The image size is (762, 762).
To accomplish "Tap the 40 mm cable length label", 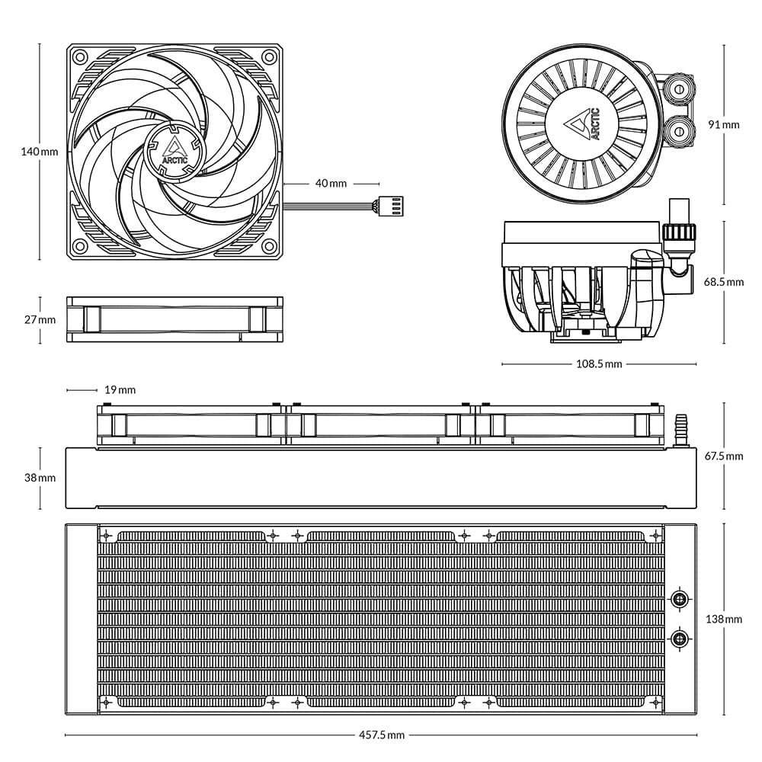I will (x=330, y=184).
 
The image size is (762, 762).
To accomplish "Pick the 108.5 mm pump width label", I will (x=598, y=364).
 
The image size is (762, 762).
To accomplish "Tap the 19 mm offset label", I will (x=120, y=390).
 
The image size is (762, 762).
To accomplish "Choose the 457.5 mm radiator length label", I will (x=381, y=735).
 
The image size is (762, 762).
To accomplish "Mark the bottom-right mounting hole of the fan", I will (x=268, y=246).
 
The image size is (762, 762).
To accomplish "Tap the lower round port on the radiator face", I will (x=678, y=637).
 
